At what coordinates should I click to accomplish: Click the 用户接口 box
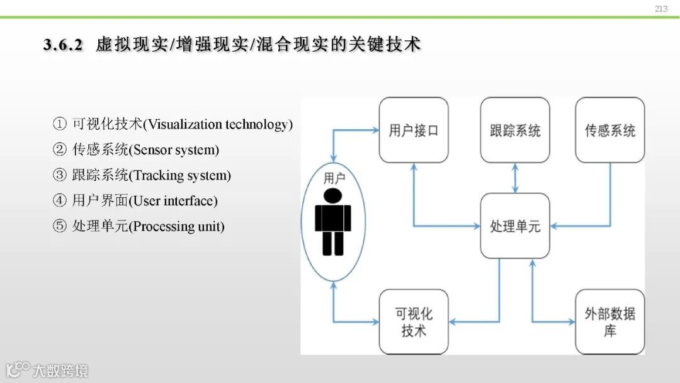(x=414, y=130)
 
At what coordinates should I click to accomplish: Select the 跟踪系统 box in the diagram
(x=515, y=130)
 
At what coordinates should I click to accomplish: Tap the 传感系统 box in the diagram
(x=609, y=130)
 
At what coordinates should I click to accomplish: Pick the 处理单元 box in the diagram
(x=515, y=226)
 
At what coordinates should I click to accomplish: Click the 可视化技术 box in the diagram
(x=414, y=321)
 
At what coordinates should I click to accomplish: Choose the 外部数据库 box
(x=609, y=321)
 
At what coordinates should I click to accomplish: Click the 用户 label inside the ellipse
(x=334, y=178)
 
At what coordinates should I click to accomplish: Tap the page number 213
(x=660, y=9)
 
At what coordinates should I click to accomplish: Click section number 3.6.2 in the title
(x=64, y=45)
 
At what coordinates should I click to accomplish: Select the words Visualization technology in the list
(x=218, y=124)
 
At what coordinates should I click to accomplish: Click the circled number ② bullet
(x=59, y=150)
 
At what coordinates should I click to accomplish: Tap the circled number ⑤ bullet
(x=59, y=226)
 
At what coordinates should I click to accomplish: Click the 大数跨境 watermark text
(x=60, y=370)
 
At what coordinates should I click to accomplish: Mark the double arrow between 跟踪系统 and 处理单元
(x=516, y=178)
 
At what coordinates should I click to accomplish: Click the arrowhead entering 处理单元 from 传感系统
(x=554, y=226)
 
